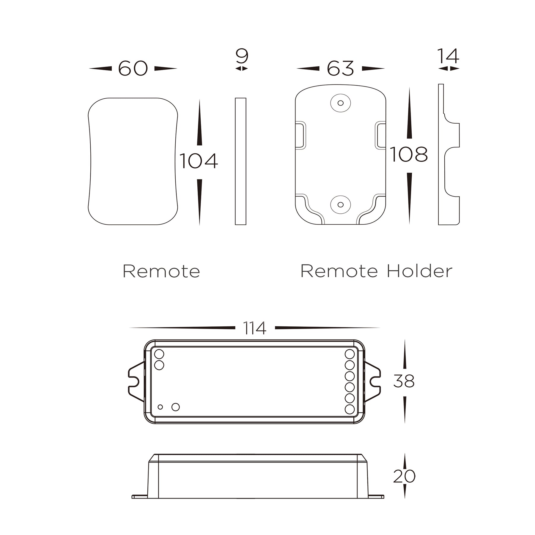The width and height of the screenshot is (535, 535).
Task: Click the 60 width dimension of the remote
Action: point(133,68)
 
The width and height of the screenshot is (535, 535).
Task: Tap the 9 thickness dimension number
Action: point(242,56)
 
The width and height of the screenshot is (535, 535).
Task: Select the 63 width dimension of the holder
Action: point(340,68)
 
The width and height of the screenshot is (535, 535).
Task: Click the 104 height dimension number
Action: point(199,161)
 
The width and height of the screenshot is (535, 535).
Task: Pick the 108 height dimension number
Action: point(409,154)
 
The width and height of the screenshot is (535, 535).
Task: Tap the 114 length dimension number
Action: point(255,328)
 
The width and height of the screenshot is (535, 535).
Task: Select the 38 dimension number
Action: point(404,381)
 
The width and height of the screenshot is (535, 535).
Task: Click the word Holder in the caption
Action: point(419,271)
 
